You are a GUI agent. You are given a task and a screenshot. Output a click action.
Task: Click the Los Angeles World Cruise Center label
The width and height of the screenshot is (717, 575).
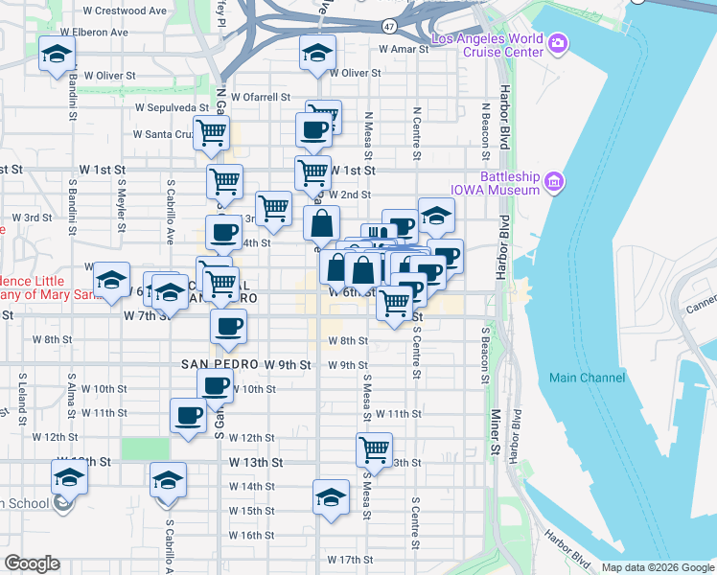[488, 45]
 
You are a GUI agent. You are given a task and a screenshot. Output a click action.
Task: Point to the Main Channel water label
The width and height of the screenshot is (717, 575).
[588, 378]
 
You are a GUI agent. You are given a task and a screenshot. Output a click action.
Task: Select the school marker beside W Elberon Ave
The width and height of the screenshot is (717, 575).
[57, 55]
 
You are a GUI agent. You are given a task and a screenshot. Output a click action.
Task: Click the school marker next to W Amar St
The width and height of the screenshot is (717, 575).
[315, 55]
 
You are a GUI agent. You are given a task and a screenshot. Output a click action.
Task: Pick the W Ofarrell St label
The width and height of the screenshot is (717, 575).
[259, 97]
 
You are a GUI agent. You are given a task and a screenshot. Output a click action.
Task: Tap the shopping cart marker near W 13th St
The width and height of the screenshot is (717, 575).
[373, 448]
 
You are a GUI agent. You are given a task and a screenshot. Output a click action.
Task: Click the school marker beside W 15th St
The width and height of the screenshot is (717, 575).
[331, 497]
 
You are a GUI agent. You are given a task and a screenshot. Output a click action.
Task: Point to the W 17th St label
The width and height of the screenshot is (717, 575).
[349, 559]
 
